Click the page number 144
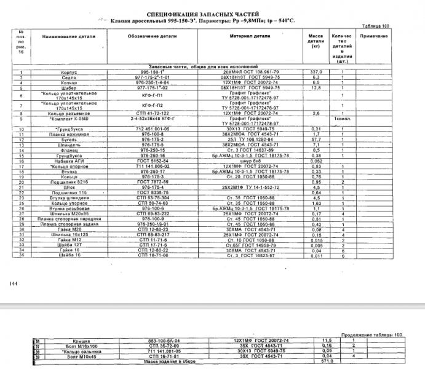pos(13,284)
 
